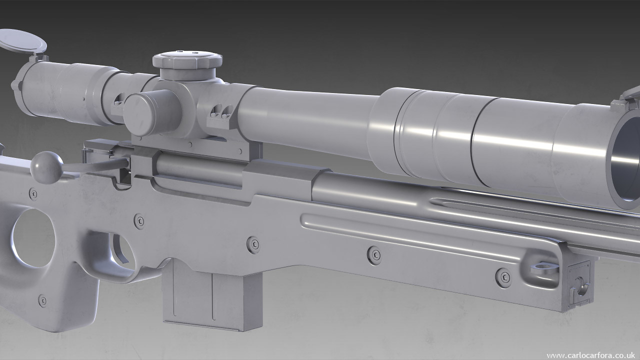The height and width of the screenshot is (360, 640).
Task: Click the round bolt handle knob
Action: click(46, 167)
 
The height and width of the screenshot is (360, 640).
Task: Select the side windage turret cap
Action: click(144, 113)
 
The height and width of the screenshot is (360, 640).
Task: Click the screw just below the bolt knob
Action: click(33, 193)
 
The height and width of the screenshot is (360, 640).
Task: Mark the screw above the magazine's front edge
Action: click(254, 244)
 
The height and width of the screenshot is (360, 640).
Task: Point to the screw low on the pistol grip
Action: click(43, 300)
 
